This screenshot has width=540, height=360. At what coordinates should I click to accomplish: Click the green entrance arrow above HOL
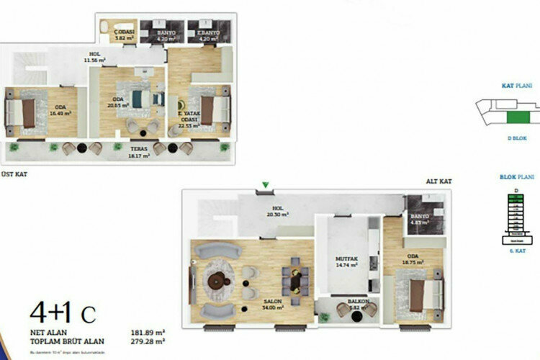pyautogui.click(x=266, y=186)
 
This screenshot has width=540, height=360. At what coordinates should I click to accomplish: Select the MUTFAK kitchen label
pyautogui.click(x=343, y=261)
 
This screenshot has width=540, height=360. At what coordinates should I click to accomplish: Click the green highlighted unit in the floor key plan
pyautogui.click(x=516, y=115)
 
